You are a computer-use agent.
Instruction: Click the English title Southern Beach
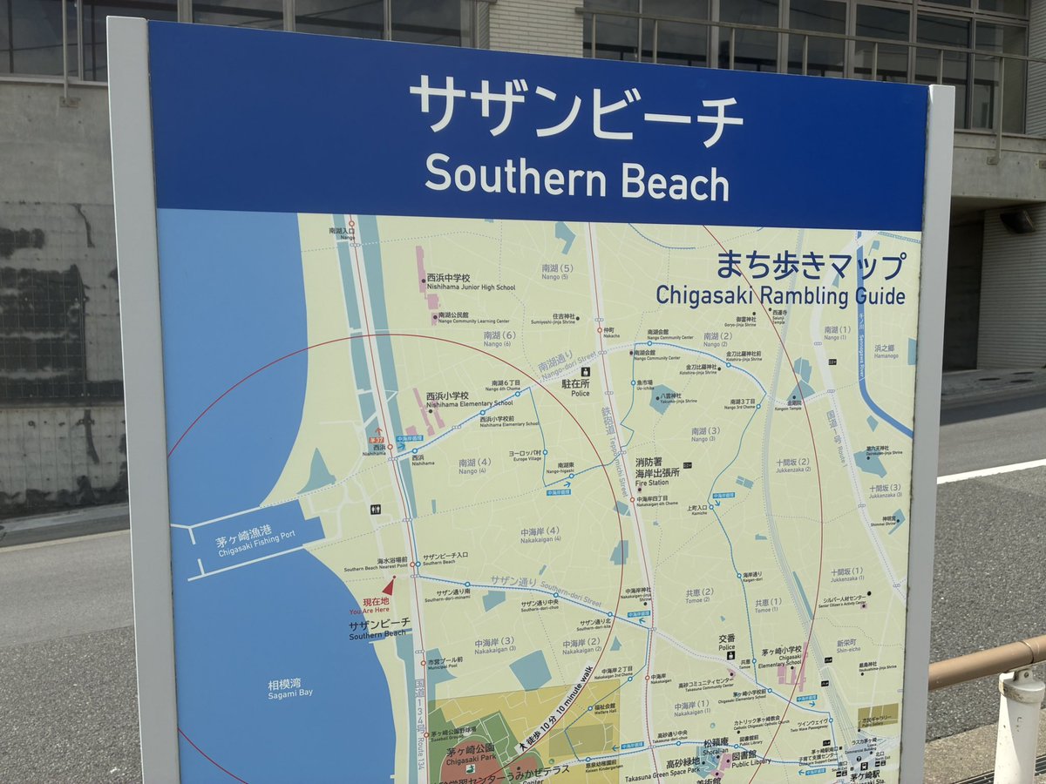tap(576, 178)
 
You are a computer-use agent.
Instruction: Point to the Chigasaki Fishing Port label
tap(245, 545)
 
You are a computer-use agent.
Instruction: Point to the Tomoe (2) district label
tap(699, 596)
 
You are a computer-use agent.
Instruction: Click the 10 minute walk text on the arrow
tap(568, 697)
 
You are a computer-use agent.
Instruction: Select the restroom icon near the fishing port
tap(376, 510)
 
